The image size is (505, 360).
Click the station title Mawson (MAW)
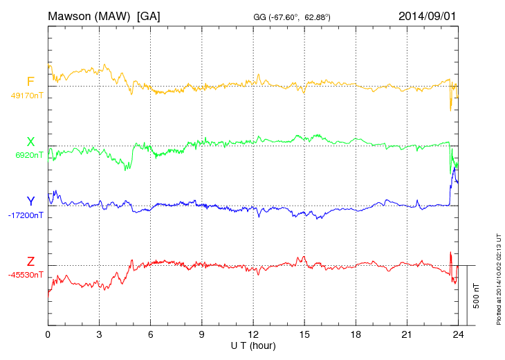pos(89,15)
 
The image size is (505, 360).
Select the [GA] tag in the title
pos(149,15)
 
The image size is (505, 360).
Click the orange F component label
pos(30,82)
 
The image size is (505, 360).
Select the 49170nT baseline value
pos(27,96)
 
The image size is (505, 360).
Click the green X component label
pos(30,142)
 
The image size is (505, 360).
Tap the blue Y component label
pos(30,201)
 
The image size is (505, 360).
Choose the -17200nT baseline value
pos(26,215)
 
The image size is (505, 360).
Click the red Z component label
pos(30,262)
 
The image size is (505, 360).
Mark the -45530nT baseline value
pos(26,275)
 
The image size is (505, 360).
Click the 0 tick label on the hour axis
pos(48,335)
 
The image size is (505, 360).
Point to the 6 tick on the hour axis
pos(150,335)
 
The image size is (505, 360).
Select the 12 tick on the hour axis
pos(253,335)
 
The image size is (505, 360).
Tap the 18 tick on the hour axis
pos(356,335)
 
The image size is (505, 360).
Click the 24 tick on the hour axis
pos(458,335)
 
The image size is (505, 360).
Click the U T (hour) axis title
pos(253,345)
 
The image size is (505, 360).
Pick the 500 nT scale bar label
pos(477,296)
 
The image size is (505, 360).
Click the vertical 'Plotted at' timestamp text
pos(499,278)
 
